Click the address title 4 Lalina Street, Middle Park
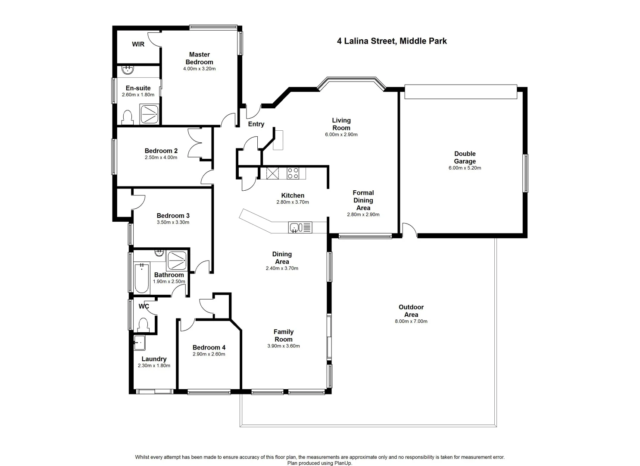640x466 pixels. [391, 41]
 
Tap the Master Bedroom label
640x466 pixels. [199, 58]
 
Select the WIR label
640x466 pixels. [138, 44]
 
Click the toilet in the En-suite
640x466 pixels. [127, 117]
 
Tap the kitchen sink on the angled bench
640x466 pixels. [295, 227]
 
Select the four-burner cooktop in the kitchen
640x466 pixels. [293, 173]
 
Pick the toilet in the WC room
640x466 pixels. [143, 324]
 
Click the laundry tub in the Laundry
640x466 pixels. [139, 343]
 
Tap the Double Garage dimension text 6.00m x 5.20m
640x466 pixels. [465, 168]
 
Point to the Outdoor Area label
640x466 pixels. [411, 311]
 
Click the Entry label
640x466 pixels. [256, 124]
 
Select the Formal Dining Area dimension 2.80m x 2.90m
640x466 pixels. [363, 214]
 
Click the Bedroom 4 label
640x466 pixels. [209, 347]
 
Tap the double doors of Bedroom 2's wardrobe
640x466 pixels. [194, 142]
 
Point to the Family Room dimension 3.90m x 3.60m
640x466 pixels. [283, 346]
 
